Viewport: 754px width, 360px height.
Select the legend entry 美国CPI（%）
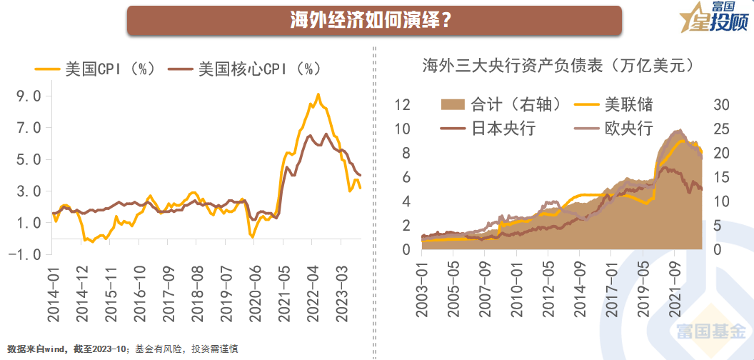95,69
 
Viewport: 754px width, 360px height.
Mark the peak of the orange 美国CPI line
318,94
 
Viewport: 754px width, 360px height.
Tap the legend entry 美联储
614,105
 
